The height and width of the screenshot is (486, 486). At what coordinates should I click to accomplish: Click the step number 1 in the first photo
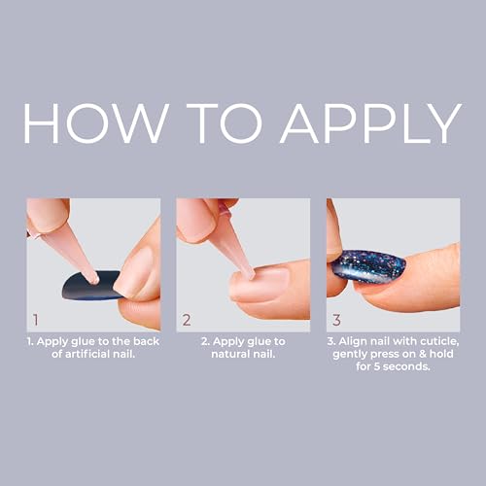click(36, 318)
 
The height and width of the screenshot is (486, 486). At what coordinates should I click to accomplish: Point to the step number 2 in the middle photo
click(187, 318)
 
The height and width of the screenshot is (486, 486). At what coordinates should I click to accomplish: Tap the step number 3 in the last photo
click(337, 318)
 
